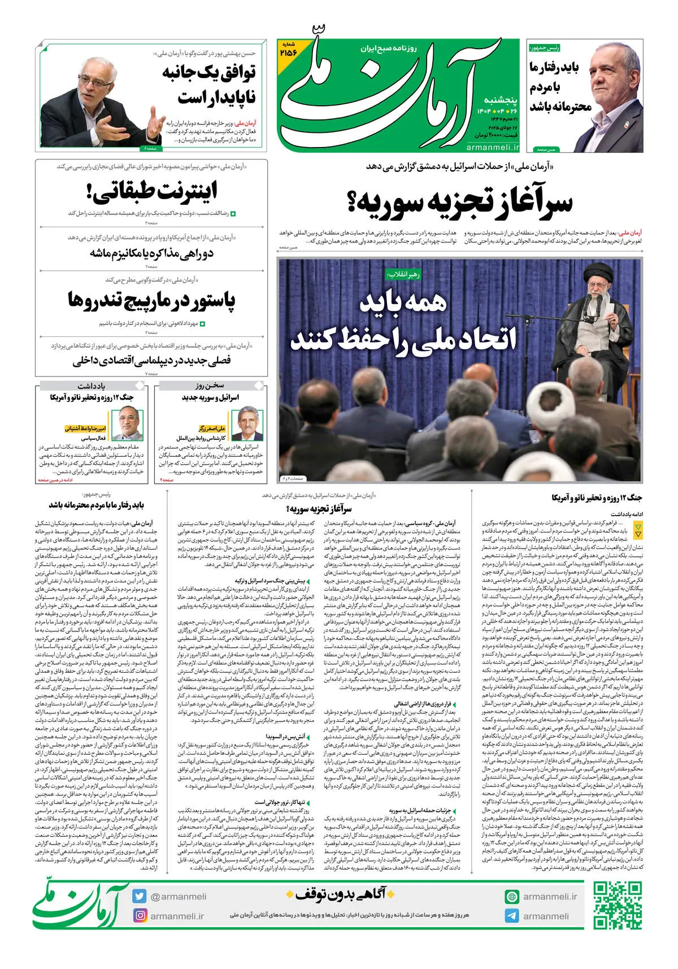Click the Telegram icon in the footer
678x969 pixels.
pyautogui.click(x=512, y=916)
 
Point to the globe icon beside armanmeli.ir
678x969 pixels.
pyautogui.click(x=512, y=897)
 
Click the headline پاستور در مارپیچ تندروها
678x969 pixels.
pyautogui.click(x=151, y=300)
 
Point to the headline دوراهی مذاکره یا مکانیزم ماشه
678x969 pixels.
pyautogui.click(x=151, y=253)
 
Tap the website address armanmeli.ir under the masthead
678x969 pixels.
pyautogui.click(x=493, y=148)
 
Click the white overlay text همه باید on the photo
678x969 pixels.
pyautogui.click(x=402, y=303)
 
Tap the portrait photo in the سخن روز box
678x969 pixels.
pyautogui.click(x=247, y=423)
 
